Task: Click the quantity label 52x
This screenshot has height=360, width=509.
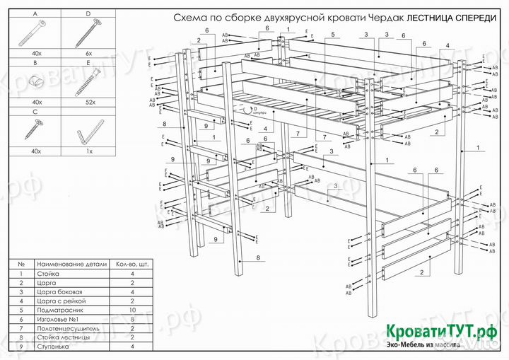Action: pyautogui.click(x=88, y=103)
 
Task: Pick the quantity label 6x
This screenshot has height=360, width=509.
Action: pyautogui.click(x=88, y=54)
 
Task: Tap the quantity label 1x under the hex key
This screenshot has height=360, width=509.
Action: pyautogui.click(x=88, y=151)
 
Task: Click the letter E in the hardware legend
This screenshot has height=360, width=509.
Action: pyautogui.click(x=88, y=62)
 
